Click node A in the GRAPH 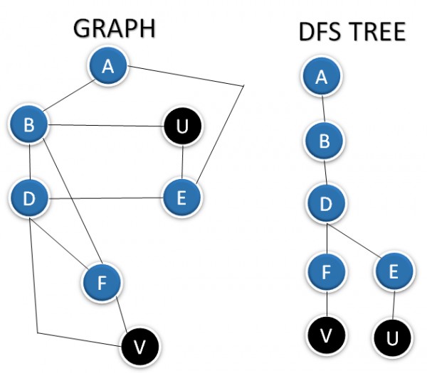[108, 66]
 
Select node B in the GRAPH [29, 126]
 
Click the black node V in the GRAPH [139, 346]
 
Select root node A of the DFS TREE [321, 77]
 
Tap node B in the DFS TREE [325, 141]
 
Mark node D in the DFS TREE [326, 204]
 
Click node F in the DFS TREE [327, 271]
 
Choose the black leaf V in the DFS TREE [327, 334]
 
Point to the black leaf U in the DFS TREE [390, 336]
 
